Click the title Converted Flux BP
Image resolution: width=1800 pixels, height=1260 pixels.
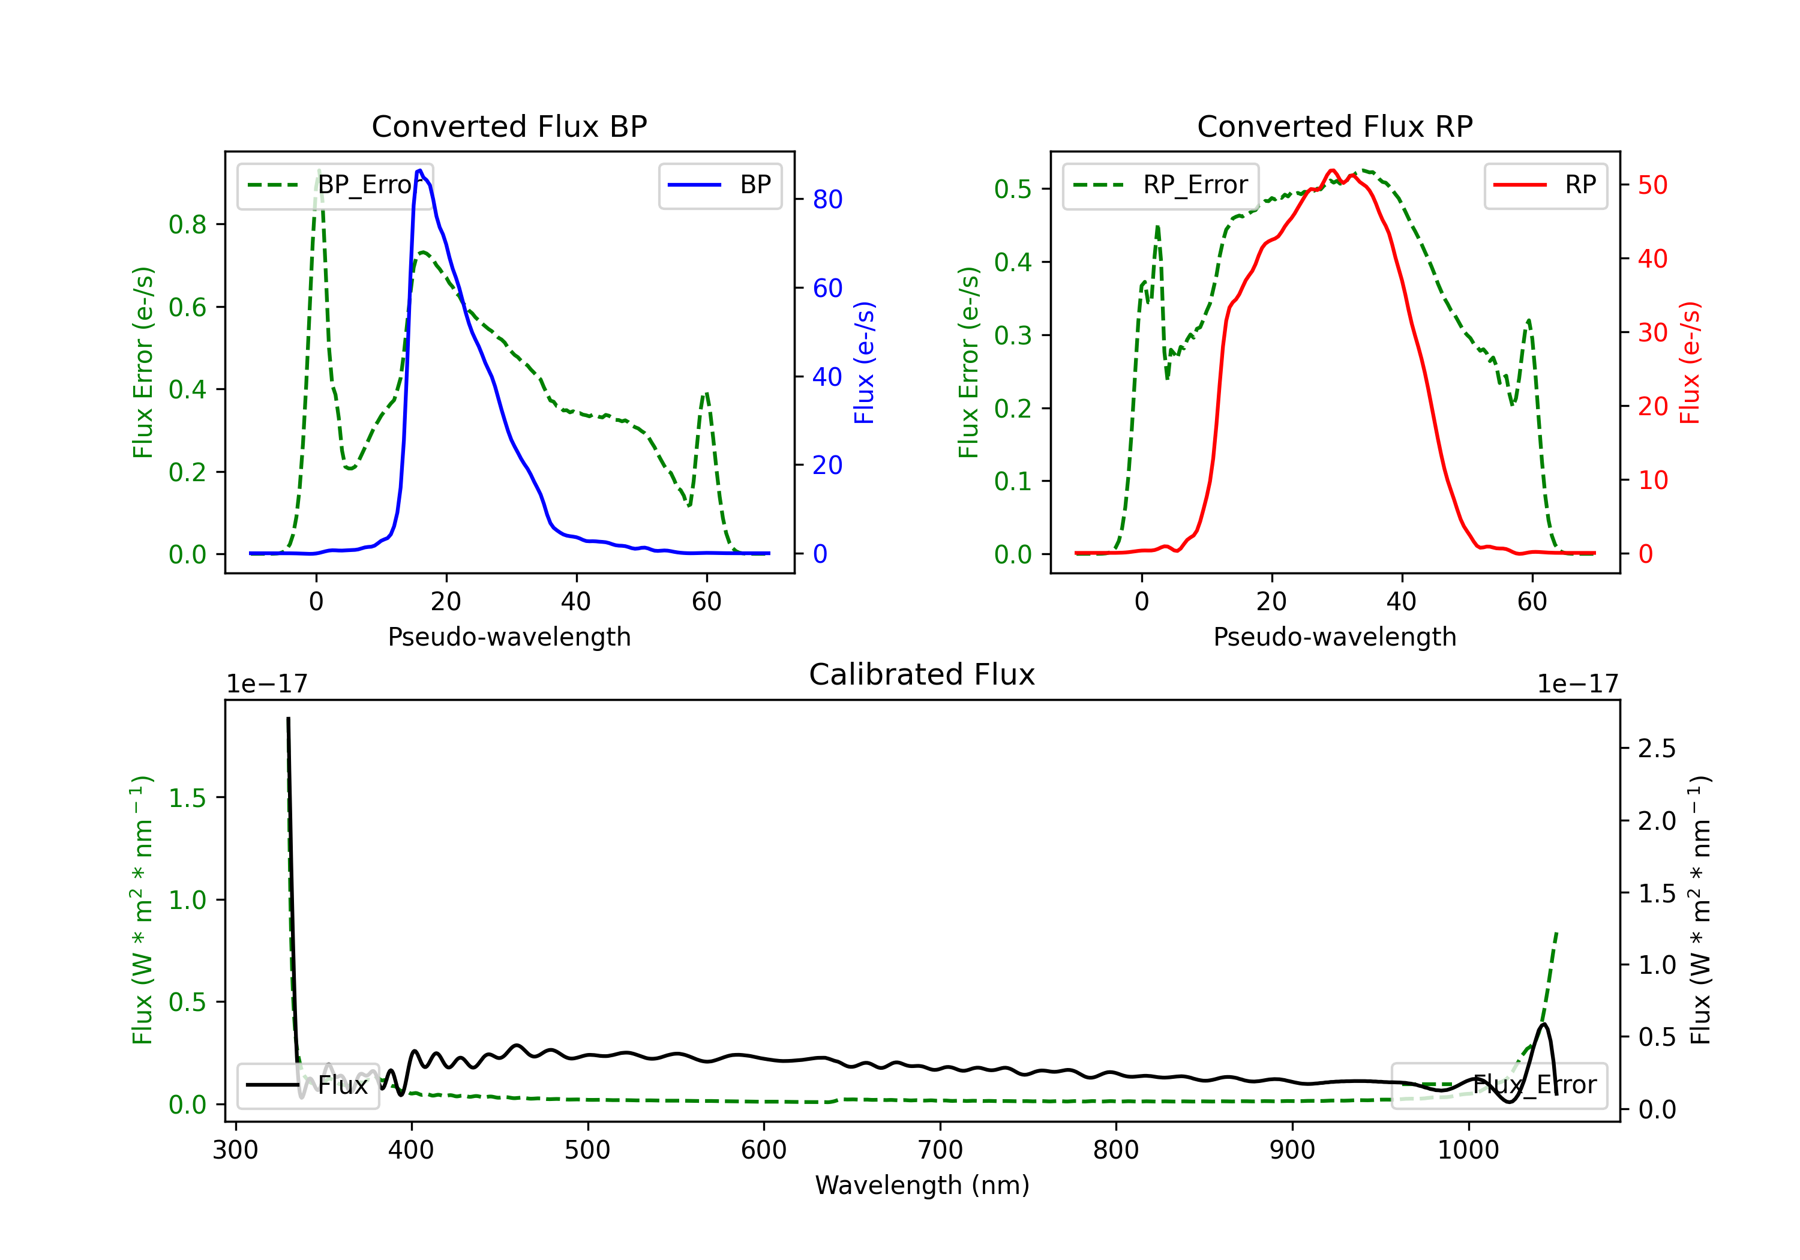(509, 126)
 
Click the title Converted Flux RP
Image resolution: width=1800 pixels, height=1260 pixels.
(1334, 126)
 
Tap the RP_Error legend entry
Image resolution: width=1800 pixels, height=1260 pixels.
(1160, 185)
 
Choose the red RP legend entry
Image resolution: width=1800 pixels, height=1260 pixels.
(1545, 185)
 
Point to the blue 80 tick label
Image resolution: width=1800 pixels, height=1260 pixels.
(827, 200)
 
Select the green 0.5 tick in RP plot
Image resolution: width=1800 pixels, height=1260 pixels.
(1013, 189)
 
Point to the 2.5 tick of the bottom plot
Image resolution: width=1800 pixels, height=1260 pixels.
(1657, 749)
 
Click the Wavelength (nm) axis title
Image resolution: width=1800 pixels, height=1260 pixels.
(922, 1185)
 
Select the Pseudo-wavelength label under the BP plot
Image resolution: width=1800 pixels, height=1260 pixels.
(509, 637)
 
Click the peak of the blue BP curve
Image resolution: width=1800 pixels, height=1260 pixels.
(420, 171)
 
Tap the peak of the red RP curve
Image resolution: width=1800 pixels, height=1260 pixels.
(1332, 171)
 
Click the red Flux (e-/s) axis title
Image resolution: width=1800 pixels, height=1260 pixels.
(1690, 362)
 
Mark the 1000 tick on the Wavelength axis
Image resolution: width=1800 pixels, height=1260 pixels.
(1468, 1150)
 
